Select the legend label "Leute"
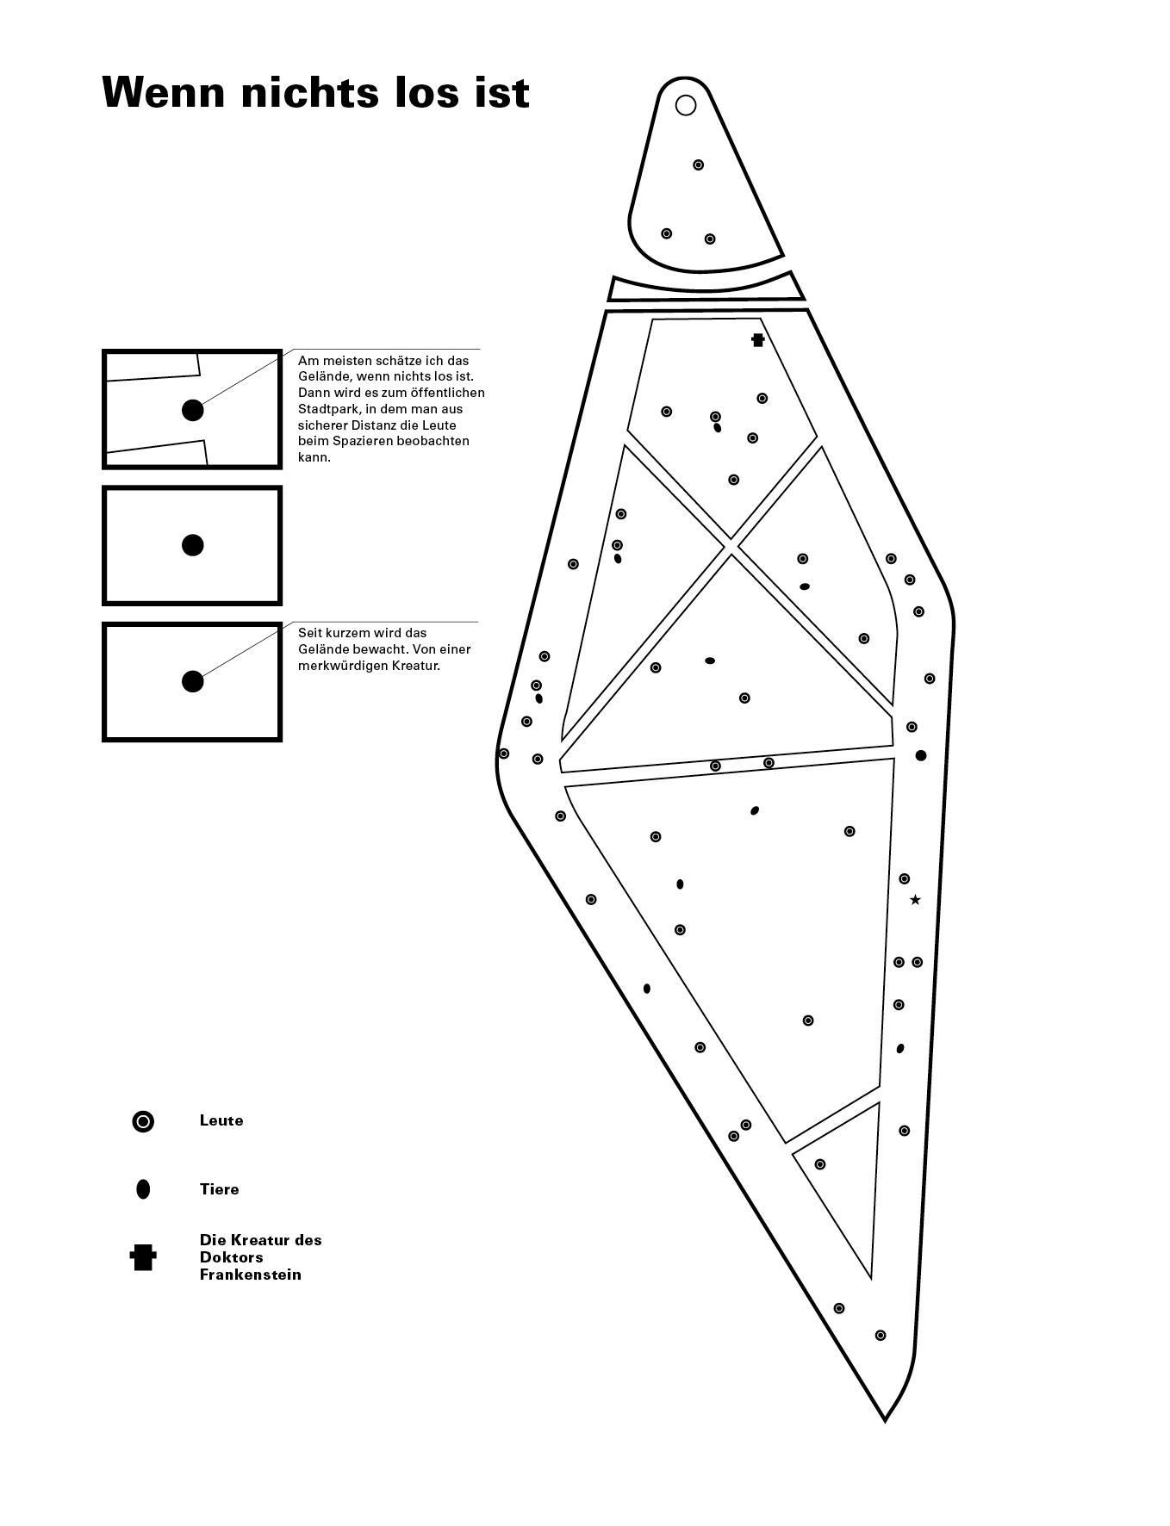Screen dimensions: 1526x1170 (221, 1120)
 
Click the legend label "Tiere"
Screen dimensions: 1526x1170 (219, 1189)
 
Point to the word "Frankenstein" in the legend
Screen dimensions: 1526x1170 (251, 1275)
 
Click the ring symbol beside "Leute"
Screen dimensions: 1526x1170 (143, 1121)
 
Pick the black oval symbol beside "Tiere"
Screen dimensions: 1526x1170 (143, 1189)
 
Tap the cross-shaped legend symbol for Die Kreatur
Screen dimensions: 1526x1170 (143, 1257)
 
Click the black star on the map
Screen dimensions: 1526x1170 (915, 900)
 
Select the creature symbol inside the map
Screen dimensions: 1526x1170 (758, 340)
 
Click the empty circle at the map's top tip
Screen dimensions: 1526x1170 (686, 105)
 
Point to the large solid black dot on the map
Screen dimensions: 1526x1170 (921, 755)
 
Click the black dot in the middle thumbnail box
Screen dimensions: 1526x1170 (193, 545)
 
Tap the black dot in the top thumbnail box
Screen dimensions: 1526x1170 (193, 410)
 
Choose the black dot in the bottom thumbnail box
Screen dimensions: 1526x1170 (193, 681)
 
